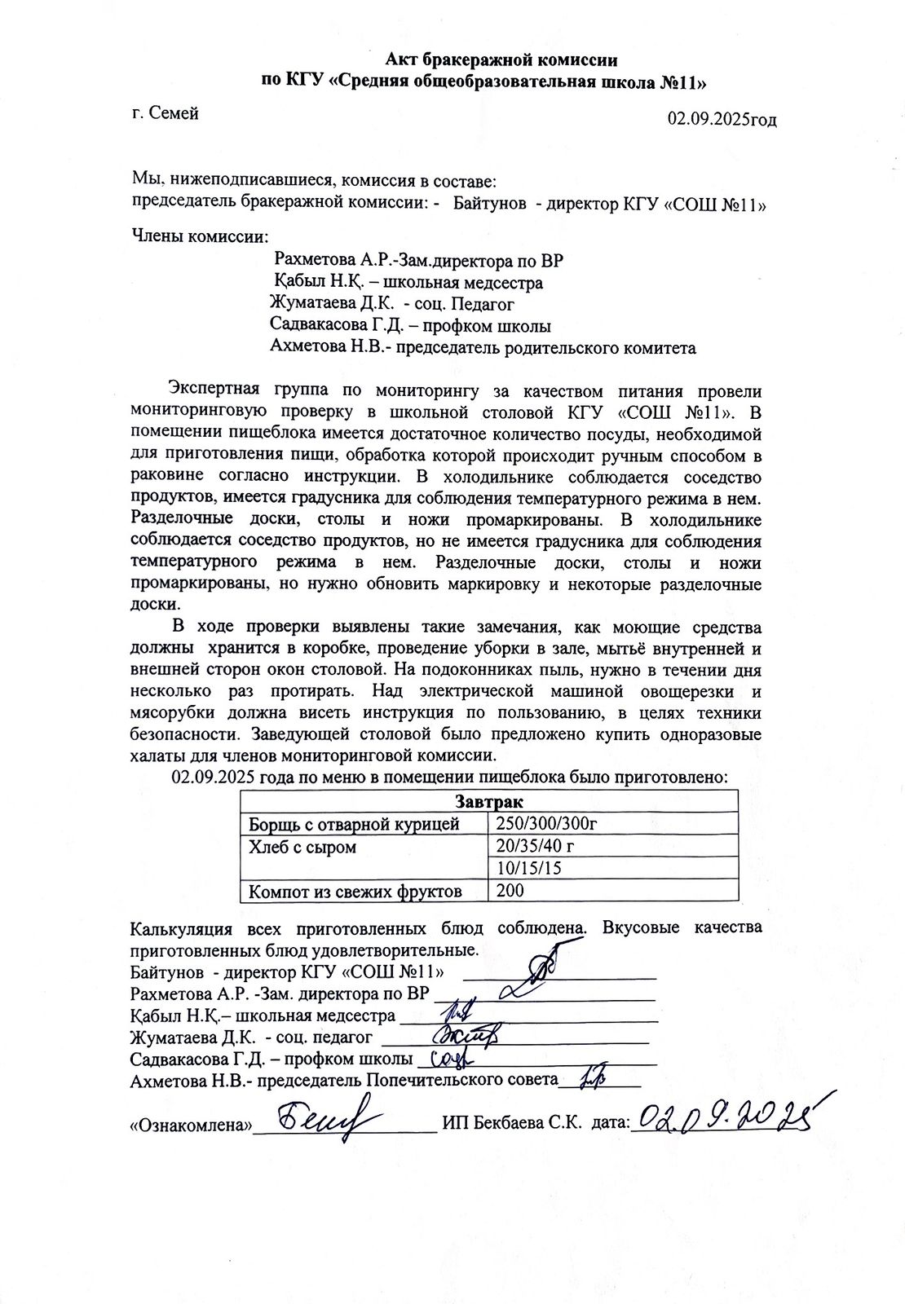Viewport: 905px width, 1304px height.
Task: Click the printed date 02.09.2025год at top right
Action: coord(722,120)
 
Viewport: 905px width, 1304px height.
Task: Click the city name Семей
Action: coord(174,113)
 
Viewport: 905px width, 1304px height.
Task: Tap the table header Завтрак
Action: coord(489,802)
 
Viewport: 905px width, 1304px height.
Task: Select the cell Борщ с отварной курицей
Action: coord(355,824)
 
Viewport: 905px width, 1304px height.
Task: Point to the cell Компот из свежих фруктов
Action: coord(355,891)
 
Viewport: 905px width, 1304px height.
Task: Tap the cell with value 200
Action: coord(510,890)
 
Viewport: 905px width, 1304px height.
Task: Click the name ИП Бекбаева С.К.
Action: coord(511,1123)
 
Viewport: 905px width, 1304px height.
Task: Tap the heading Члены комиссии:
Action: coord(199,237)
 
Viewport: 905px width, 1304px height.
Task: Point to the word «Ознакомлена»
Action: coord(190,1126)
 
